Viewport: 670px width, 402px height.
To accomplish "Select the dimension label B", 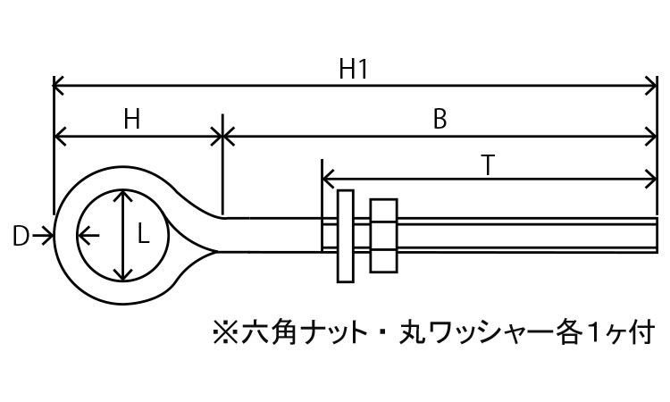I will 439,121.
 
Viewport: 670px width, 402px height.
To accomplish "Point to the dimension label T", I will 487,165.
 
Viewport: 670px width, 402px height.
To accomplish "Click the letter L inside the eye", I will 143,235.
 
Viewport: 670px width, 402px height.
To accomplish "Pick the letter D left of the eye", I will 21,236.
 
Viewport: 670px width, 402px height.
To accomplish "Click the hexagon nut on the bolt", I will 382,235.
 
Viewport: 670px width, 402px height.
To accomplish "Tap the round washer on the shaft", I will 346,236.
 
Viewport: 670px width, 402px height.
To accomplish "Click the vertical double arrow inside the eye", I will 121,235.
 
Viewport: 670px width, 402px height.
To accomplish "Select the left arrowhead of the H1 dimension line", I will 59,87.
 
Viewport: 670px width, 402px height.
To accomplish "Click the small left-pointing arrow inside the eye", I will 86,236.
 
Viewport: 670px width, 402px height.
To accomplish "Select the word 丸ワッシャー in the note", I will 482,332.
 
